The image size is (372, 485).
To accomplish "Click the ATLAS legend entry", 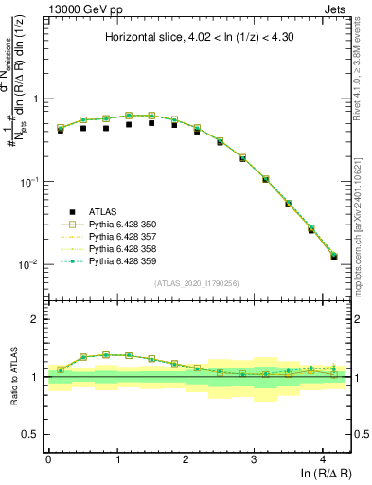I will click(104, 211).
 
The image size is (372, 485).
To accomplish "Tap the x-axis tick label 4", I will click(323, 458).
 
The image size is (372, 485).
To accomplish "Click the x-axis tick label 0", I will click(48, 458).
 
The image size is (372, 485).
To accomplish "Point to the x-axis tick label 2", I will click(186, 458).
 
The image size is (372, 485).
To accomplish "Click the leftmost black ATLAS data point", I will click(61, 130).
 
